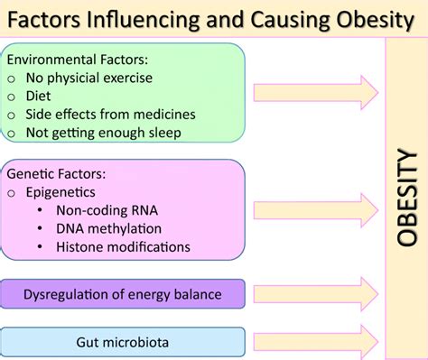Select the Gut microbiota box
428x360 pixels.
click(x=125, y=343)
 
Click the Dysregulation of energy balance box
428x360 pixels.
click(x=125, y=294)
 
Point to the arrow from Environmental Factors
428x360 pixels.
click(x=315, y=91)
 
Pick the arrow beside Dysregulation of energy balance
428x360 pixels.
click(x=315, y=293)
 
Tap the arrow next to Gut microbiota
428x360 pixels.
click(x=315, y=342)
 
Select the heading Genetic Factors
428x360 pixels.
click(x=56, y=171)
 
